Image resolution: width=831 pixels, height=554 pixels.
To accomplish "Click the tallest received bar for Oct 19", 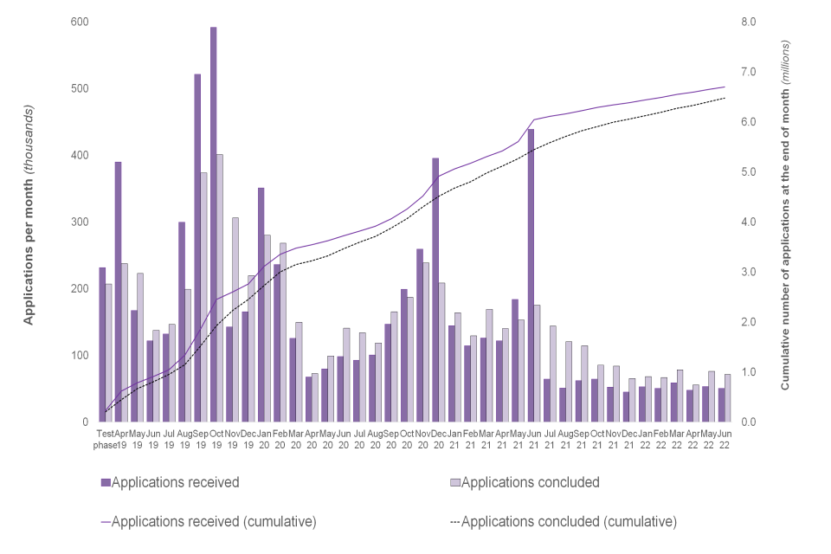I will (x=213, y=225).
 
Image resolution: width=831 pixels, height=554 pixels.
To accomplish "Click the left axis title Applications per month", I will (x=29, y=215).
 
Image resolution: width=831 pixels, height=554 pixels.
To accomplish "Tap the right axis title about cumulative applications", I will (x=785, y=215).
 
